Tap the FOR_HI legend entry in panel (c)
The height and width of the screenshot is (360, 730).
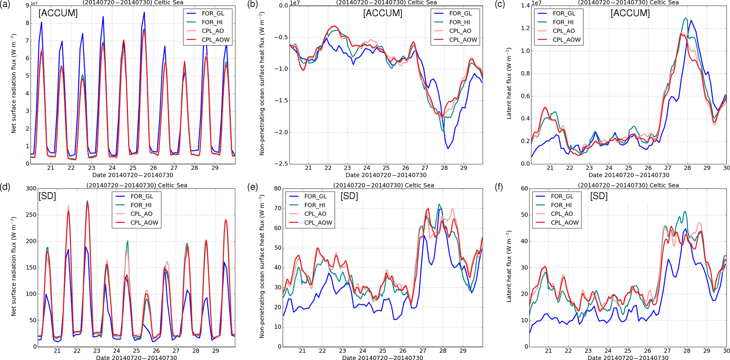tap(564, 22)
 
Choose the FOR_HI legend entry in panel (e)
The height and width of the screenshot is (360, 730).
tap(315, 205)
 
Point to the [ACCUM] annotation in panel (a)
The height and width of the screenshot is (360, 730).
tap(58, 13)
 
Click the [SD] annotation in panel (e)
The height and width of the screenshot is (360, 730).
tap(349, 196)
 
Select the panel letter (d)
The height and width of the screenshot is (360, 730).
tap(5, 187)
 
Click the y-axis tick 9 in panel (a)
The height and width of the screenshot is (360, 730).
tap(28, 6)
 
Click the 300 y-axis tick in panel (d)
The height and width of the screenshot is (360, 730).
tap(31, 189)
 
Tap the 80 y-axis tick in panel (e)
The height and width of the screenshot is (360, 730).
tap(276, 189)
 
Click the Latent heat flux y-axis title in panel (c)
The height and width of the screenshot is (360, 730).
tap(509, 85)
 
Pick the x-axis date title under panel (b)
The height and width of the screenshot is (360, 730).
tap(386, 175)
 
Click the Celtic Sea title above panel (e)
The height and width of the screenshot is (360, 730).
tap(383, 185)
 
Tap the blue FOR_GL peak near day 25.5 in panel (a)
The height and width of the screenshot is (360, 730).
tap(144, 12)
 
